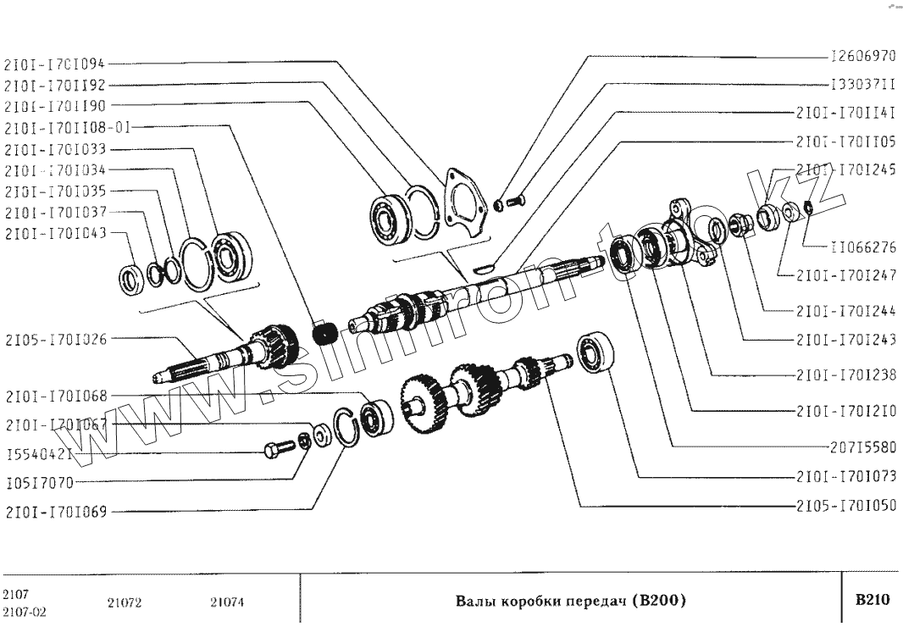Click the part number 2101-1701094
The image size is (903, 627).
click(x=56, y=62)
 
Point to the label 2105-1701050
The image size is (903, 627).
click(x=845, y=506)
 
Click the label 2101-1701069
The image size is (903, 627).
click(x=57, y=512)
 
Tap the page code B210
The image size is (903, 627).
click(x=873, y=601)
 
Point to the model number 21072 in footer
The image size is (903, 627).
click(x=125, y=602)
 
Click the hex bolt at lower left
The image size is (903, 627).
click(x=274, y=448)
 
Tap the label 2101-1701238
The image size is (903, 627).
click(x=845, y=375)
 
